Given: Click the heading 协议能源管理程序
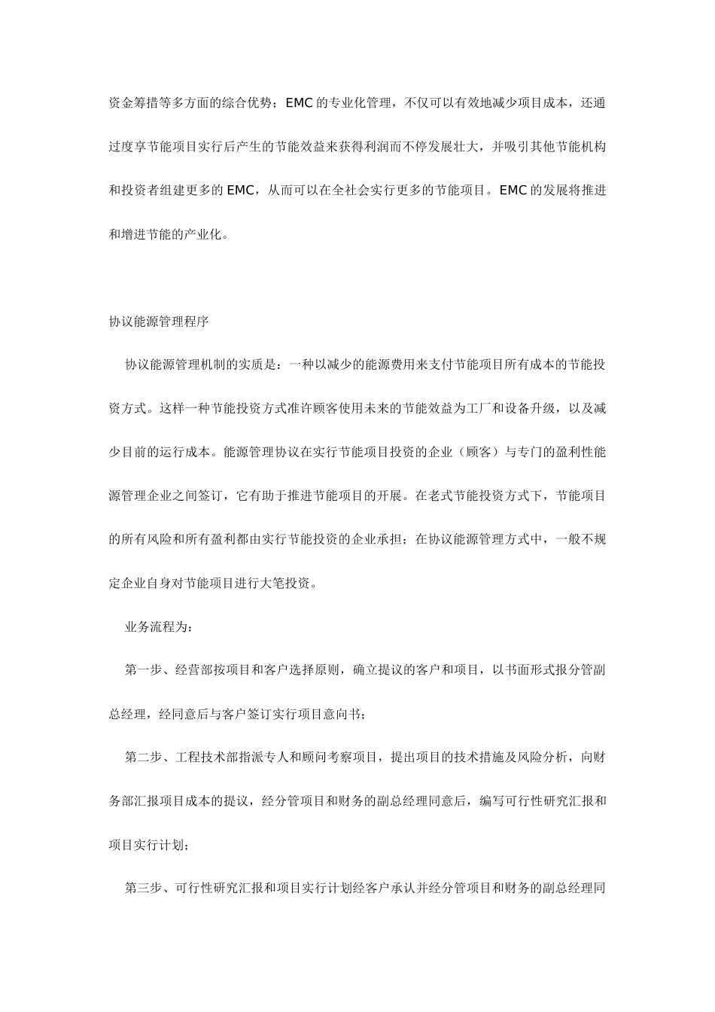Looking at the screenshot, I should (158, 322).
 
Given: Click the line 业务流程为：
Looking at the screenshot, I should (158, 626).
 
